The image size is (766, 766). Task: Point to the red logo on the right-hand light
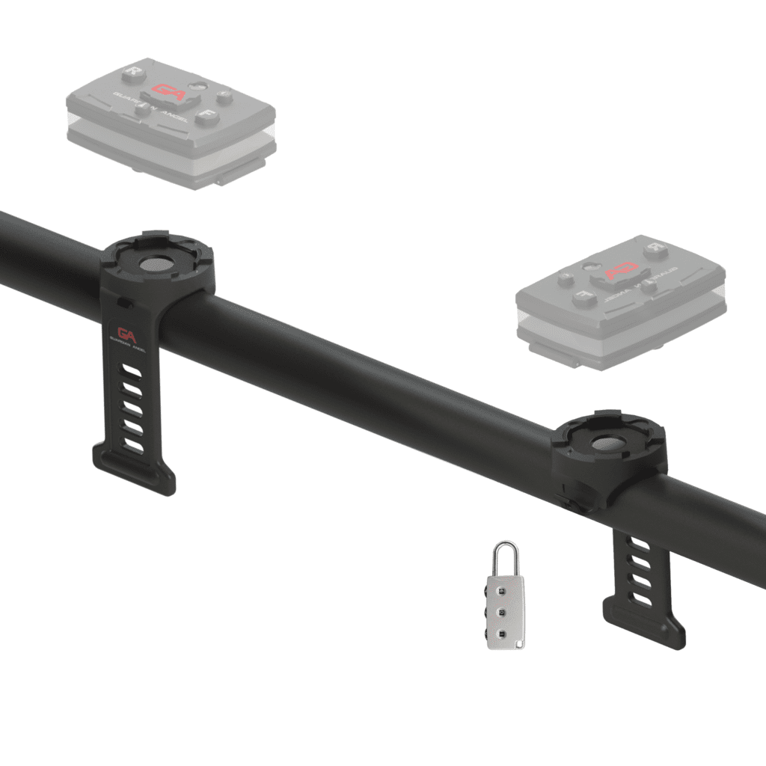[x=623, y=269]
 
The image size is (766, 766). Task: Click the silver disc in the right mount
[x=607, y=444]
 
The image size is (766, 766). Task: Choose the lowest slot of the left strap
[x=135, y=446]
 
